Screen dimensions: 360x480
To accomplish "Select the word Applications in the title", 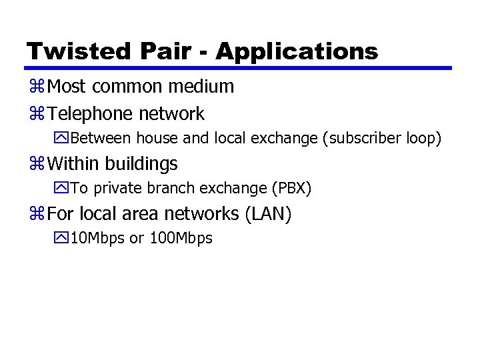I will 297,51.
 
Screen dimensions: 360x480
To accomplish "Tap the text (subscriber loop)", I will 383,139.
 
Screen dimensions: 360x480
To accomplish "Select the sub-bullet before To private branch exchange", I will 64,189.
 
